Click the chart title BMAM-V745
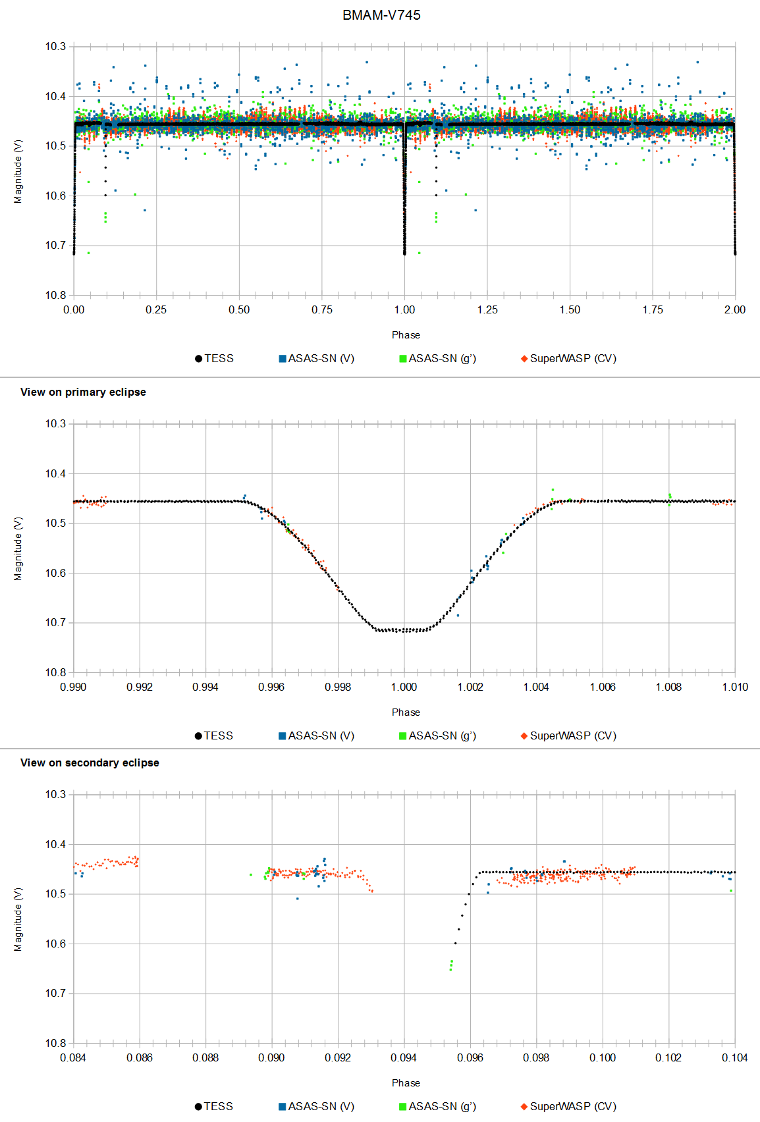pos(381,15)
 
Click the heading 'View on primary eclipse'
pos(83,392)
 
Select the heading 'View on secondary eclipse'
pos(90,762)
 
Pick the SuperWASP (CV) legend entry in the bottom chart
pos(568,1106)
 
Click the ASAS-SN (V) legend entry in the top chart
pos(317,358)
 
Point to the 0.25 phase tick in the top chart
pos(156,309)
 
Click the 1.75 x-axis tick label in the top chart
pos(653,309)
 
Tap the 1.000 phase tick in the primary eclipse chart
pos(404,687)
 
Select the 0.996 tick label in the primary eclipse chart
pos(271,687)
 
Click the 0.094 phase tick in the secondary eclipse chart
pos(404,1057)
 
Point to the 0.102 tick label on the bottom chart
pos(668,1057)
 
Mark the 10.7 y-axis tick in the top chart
pos(55,245)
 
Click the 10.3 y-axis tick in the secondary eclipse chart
pos(55,794)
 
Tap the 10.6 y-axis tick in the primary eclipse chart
pos(55,573)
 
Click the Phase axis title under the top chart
pos(406,334)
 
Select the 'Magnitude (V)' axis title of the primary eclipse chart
pos(18,548)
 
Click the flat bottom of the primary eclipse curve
pos(404,630)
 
